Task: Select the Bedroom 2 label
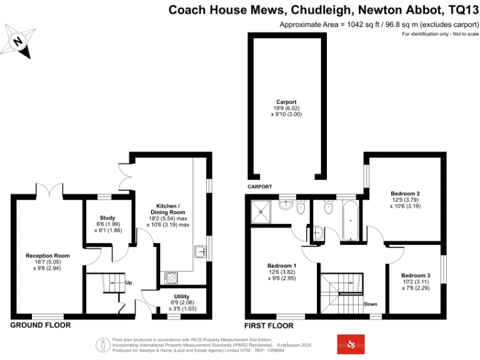(404, 193)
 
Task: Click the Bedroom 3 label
(416, 276)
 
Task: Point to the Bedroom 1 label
(281, 266)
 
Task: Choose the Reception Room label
(47, 256)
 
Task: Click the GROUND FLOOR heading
(41, 325)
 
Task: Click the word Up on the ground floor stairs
(129, 282)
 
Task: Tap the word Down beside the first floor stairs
(371, 304)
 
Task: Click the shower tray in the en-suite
(259, 212)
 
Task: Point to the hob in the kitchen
(171, 277)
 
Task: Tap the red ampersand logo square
(350, 344)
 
